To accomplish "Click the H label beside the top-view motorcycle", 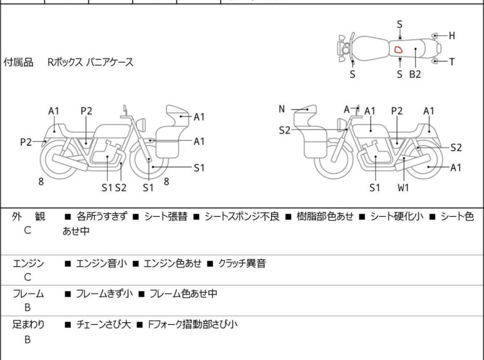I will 452,36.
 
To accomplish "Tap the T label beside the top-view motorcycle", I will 452,62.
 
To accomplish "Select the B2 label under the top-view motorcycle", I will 415,74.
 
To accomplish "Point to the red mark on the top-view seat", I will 398,49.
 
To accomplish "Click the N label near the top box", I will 281,109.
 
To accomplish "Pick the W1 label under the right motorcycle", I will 403,188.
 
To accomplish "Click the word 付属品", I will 19,63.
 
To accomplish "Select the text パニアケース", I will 110,63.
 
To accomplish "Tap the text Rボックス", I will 65,63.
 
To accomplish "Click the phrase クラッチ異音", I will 242,263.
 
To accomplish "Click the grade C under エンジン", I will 28,277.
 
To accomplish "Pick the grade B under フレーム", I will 28,308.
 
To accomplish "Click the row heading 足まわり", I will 29,325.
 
